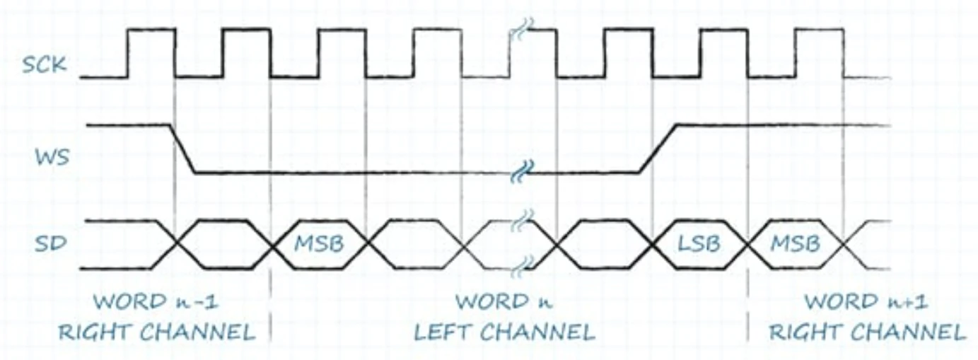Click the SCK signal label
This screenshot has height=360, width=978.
tap(45, 65)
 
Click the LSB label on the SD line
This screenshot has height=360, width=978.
tap(699, 244)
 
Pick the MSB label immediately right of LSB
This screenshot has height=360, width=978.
tap(795, 244)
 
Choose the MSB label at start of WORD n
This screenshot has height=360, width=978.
tap(319, 244)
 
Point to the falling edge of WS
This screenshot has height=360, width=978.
tap(182, 149)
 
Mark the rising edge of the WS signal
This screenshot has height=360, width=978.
tap(658, 149)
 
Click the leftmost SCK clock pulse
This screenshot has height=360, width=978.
tap(151, 51)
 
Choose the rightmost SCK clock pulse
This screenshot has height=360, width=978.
tap(819, 51)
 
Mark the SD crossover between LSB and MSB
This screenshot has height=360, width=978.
tap(747, 245)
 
